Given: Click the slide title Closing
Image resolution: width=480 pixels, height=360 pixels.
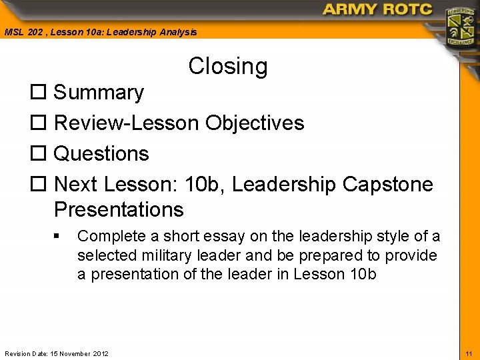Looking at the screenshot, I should pos(228,66).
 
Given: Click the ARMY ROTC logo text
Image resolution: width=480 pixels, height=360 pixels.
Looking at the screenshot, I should pos(377,9).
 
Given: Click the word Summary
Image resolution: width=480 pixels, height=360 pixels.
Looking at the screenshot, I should pos(99,93).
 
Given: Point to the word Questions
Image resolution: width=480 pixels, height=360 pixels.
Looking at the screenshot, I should pos(101,154).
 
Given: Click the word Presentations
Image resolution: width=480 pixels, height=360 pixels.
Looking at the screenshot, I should pos(119,209).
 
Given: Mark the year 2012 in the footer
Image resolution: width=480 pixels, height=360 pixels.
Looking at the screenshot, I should pos(100,353).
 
